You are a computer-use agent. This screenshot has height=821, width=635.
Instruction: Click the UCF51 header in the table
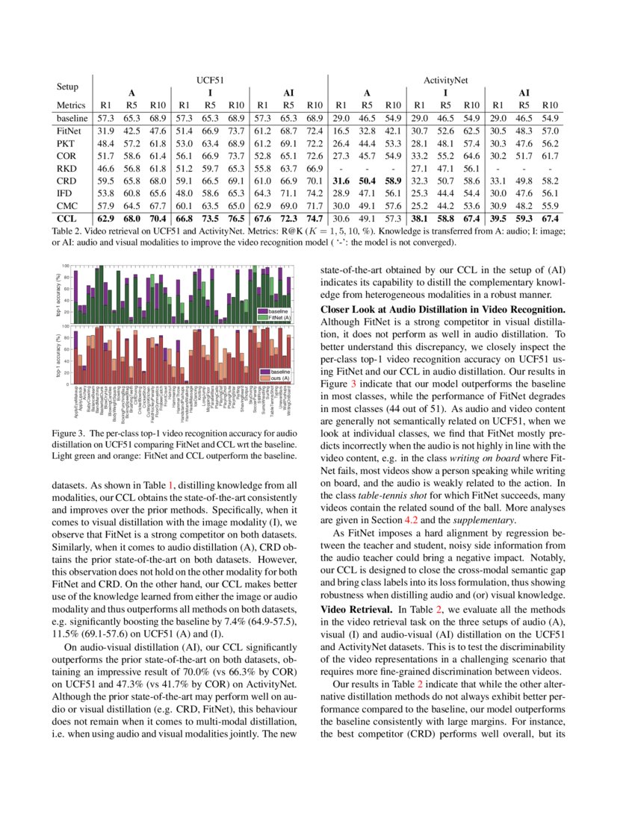pyautogui.click(x=210, y=78)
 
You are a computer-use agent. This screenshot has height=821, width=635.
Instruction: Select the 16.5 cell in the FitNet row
pyautogui.click(x=341, y=132)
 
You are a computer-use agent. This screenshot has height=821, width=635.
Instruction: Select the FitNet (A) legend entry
pyautogui.click(x=279, y=317)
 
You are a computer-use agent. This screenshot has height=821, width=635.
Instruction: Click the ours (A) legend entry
pyautogui.click(x=279, y=378)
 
